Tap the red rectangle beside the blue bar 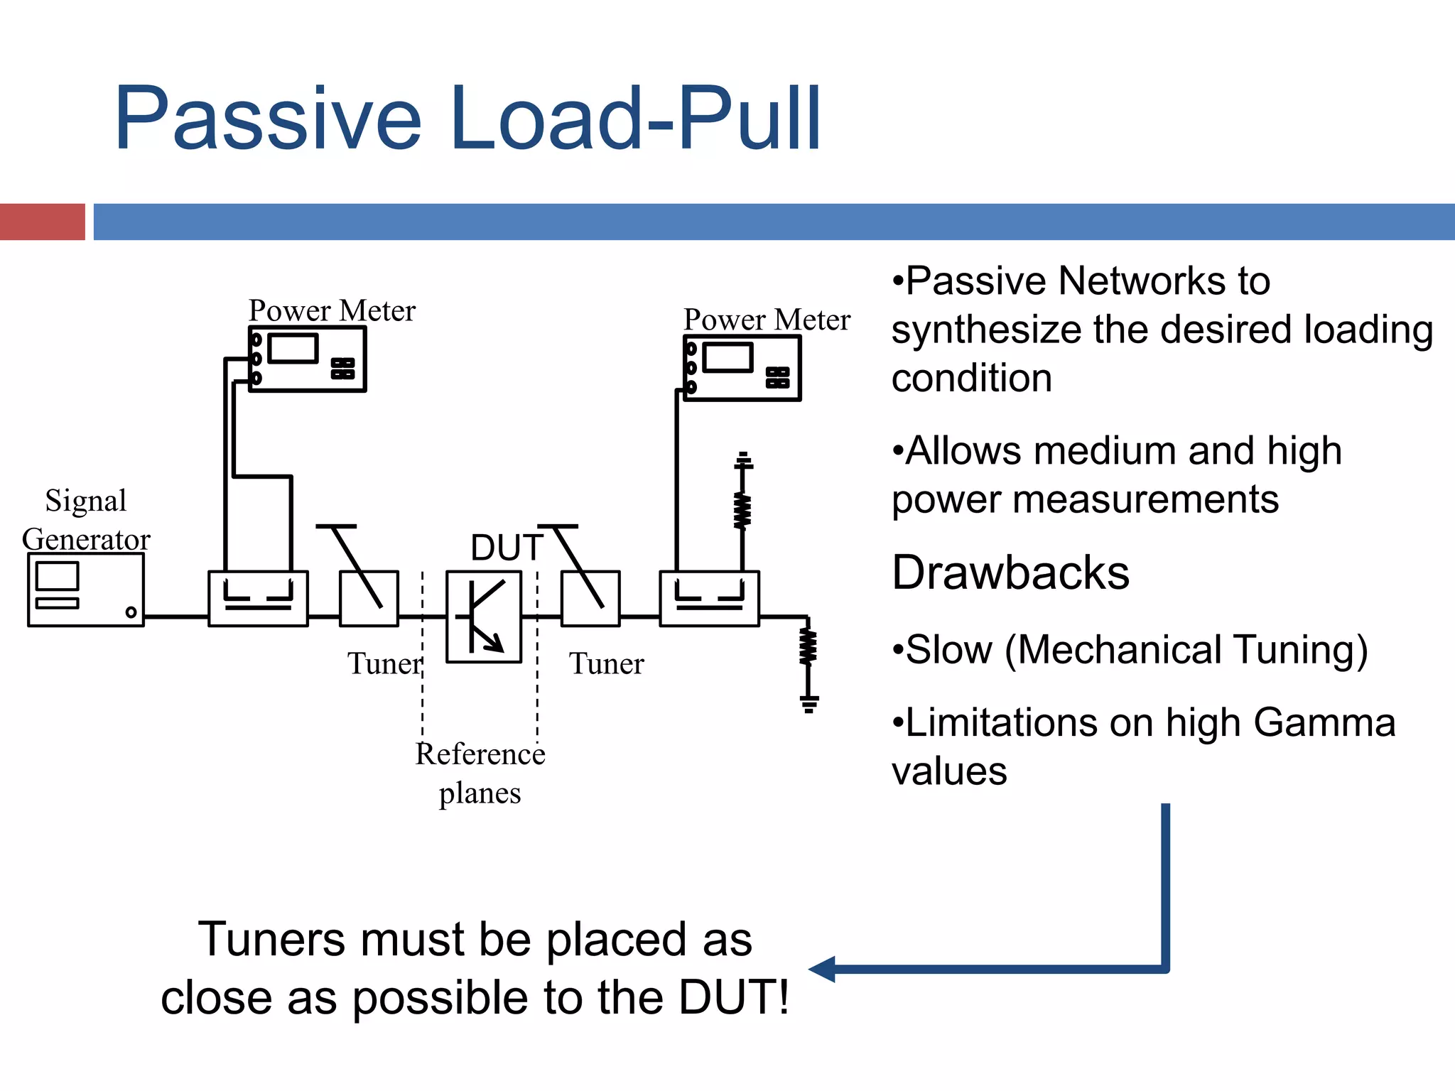(x=42, y=222)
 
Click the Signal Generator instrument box (x=85, y=590)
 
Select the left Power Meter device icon (x=307, y=359)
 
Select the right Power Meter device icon (x=742, y=368)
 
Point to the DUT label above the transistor (x=506, y=548)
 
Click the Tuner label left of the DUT (x=384, y=664)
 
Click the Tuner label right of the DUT (x=606, y=664)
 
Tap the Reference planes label (x=480, y=773)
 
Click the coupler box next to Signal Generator (x=258, y=598)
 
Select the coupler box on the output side (x=709, y=598)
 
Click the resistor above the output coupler (x=742, y=510)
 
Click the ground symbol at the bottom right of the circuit (x=808, y=703)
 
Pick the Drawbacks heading (x=1010, y=572)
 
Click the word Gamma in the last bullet (x=1324, y=722)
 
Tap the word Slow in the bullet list (x=948, y=649)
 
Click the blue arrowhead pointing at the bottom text (x=823, y=969)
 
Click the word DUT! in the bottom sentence (x=733, y=997)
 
